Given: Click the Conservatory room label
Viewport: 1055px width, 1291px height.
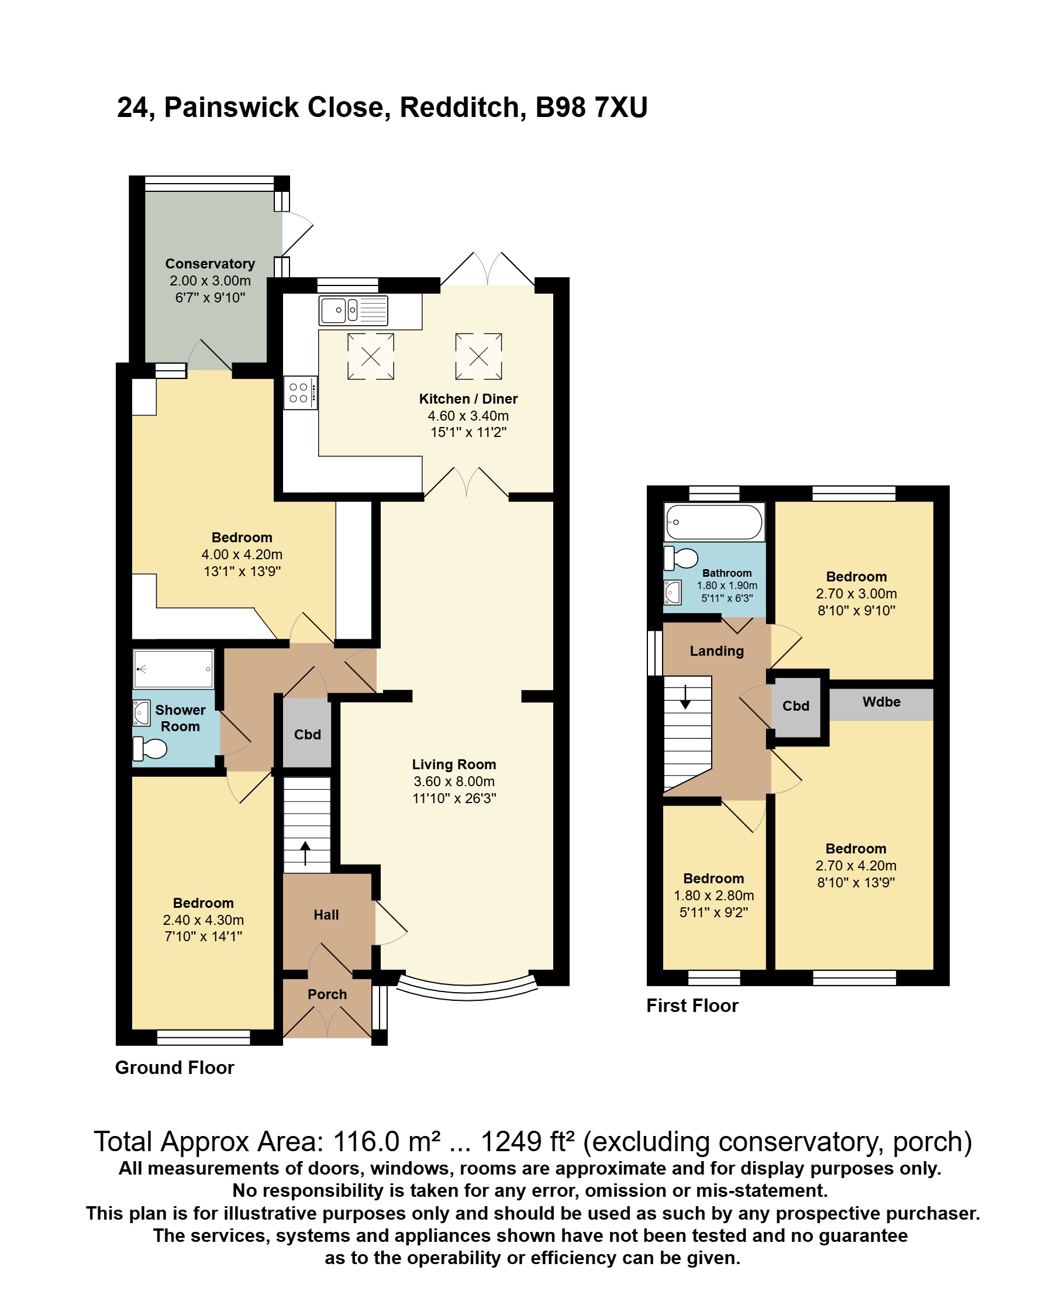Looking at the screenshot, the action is coord(210,264).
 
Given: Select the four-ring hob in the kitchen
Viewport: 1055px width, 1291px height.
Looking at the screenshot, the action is coord(300,393).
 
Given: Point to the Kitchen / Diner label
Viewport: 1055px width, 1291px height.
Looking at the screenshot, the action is coord(468,399).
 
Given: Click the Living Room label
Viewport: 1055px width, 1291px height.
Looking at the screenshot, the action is coord(454,764).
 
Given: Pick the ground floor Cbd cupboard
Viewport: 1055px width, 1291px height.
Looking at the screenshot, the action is coord(307,734).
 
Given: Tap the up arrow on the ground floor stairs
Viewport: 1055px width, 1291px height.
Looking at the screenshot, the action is coord(305,853).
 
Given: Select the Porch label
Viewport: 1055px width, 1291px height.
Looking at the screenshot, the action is coord(327,994).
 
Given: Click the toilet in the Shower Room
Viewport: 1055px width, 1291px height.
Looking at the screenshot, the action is coord(150,748).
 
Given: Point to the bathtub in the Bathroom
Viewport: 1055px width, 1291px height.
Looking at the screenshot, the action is coord(714,522).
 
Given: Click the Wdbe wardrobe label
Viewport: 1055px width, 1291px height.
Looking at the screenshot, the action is coord(881,701).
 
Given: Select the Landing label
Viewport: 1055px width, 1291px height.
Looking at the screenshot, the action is coord(716,651).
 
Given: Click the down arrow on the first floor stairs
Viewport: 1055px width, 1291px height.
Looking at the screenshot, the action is coord(685,697).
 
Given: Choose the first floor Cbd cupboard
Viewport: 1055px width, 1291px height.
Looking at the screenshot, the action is coord(796,705).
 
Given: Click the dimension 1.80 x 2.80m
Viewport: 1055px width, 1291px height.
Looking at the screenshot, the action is coord(713,896).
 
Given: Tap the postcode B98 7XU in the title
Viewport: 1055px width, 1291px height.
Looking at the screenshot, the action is coord(591,108).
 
